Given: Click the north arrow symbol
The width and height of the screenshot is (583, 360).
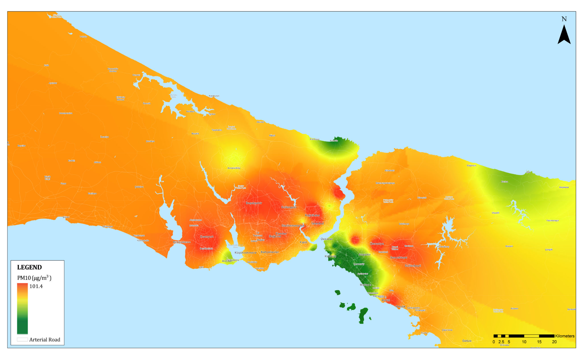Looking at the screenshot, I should click(x=564, y=35).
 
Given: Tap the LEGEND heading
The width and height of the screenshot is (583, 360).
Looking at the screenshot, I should click(x=29, y=267).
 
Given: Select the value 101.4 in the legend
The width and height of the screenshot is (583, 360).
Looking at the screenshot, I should click(x=36, y=286).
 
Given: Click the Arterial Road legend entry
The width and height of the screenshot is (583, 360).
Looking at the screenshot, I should click(x=44, y=340).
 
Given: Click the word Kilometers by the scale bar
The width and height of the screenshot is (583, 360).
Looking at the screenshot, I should click(x=565, y=336).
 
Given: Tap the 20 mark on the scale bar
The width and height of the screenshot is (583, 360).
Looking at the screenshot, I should click(x=554, y=342).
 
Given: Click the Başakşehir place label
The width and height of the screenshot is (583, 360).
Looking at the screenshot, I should click(x=254, y=203).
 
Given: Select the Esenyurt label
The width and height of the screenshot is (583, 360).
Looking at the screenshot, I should click(x=207, y=237).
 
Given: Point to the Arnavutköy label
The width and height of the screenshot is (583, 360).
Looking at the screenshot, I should click(x=234, y=168).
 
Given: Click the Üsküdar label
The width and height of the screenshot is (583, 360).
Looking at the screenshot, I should click(x=327, y=239).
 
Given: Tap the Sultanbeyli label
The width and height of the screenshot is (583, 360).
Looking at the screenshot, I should click(x=413, y=266).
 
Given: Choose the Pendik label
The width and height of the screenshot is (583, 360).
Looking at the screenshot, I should click(x=401, y=306).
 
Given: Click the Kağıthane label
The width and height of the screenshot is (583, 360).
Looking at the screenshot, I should click(x=312, y=215).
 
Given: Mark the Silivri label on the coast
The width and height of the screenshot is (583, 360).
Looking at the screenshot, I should click(x=66, y=217).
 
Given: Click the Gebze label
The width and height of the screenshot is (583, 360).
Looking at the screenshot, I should click(x=467, y=341).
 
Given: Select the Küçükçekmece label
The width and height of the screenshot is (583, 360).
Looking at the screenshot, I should click(x=245, y=253).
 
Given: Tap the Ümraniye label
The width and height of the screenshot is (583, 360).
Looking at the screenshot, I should click(x=377, y=244).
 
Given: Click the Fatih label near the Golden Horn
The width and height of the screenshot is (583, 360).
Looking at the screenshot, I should click(x=303, y=242).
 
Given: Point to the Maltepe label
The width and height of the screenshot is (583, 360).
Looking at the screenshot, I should click(x=365, y=285).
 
